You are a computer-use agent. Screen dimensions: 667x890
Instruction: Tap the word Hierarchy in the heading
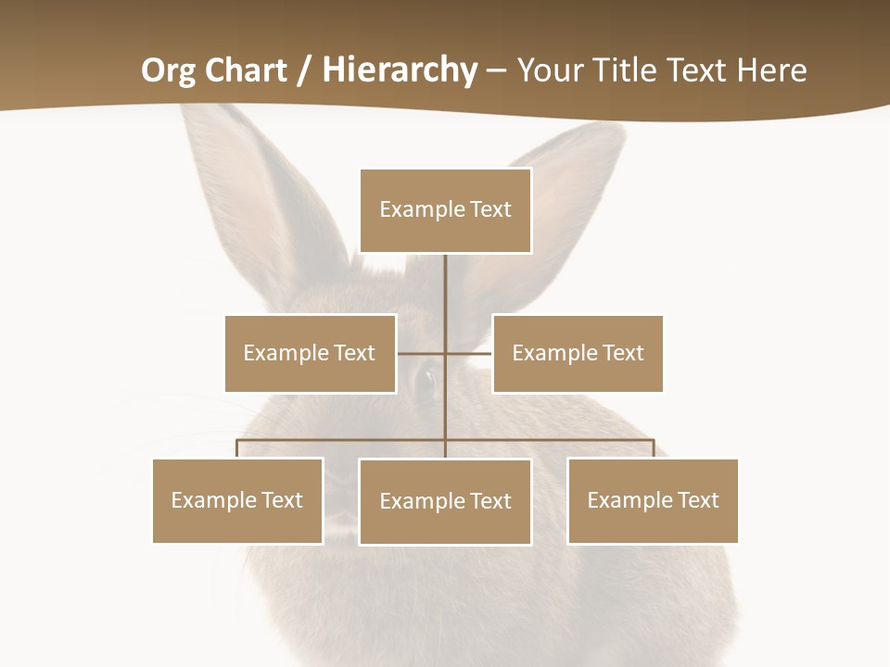[400, 70]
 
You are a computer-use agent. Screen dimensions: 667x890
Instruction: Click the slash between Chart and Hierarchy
[304, 70]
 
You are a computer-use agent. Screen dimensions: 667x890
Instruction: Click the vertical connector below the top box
[445, 296]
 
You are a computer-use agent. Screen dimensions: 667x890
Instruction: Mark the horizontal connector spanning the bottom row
[556, 440]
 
